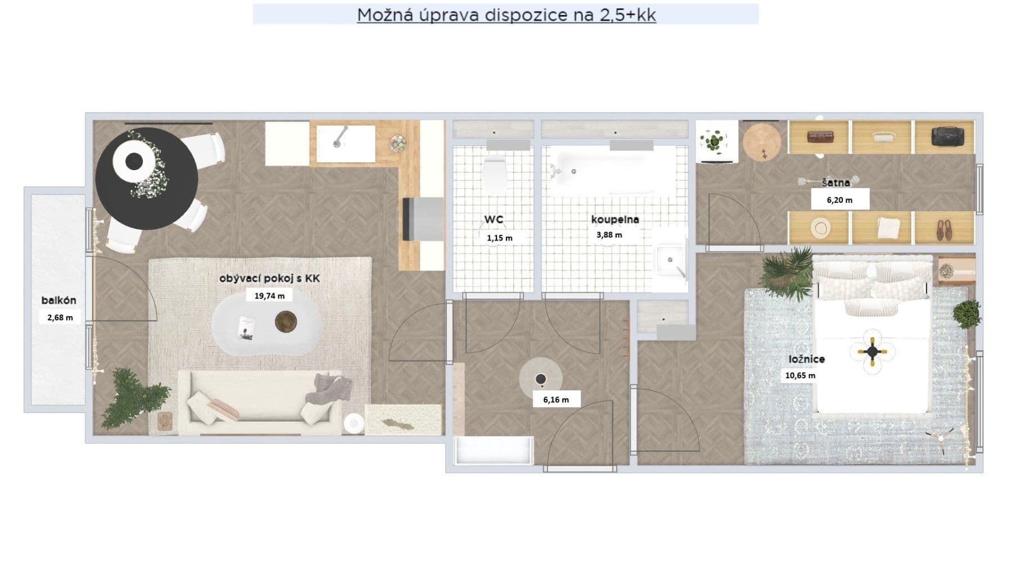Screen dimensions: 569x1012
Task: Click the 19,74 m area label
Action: [269, 295]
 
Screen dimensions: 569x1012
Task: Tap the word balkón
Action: [58, 301]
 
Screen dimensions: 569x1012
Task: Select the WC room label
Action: [494, 220]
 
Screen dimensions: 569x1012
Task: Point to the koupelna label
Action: [615, 220]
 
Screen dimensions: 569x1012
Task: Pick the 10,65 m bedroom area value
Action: [800, 375]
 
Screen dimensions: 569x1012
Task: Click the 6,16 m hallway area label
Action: [555, 400]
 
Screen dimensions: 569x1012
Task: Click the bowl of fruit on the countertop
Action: [398, 144]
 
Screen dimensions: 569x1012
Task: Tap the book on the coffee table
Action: [246, 327]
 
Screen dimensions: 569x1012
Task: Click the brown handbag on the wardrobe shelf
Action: [820, 136]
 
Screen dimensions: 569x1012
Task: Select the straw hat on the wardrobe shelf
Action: [820, 227]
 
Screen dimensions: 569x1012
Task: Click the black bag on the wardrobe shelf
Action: [947, 136]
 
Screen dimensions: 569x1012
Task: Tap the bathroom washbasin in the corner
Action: [670, 260]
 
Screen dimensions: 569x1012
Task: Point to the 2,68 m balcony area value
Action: [60, 317]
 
